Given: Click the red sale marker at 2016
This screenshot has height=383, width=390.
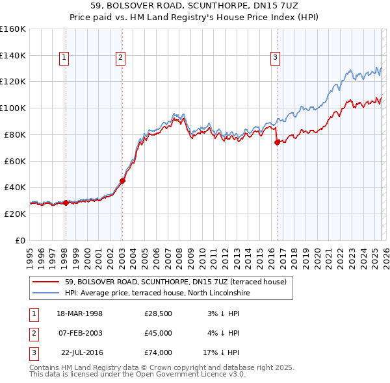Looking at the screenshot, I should tap(277, 142).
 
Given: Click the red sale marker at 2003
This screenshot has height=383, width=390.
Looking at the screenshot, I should tap(122, 181).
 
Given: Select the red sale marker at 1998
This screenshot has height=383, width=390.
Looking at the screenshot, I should tap(66, 203).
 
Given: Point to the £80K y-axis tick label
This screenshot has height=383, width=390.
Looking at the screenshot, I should tap(13, 134).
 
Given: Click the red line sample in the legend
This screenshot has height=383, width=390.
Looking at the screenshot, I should tap(45, 282).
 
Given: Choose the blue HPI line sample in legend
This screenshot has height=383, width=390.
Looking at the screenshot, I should tap(45, 293).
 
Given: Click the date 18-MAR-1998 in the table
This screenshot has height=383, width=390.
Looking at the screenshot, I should tap(79, 314).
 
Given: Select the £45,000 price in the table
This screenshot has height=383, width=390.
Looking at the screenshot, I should tap(159, 333).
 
